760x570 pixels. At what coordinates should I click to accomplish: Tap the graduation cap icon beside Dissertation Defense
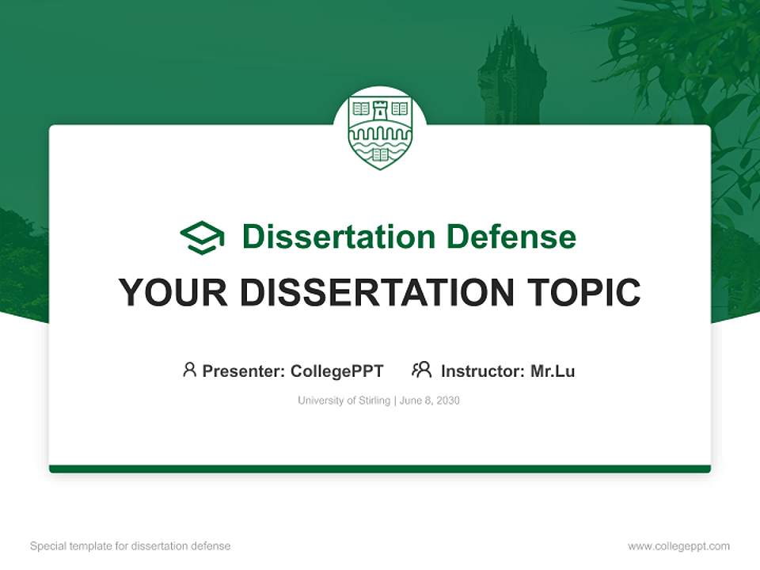(x=202, y=237)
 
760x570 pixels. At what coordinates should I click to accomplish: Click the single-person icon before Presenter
(x=189, y=370)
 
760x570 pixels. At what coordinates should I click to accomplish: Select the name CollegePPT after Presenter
(x=337, y=370)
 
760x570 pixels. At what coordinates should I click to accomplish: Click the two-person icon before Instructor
(x=421, y=370)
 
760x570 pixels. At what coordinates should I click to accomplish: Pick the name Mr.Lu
(x=553, y=370)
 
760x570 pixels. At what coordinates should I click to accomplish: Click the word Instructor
(x=481, y=370)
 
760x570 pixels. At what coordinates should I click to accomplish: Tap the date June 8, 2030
(x=430, y=401)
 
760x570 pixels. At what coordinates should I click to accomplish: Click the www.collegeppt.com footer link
(x=678, y=546)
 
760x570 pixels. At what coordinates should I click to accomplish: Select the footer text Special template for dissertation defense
(x=130, y=546)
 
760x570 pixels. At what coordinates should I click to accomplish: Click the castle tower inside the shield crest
(x=380, y=111)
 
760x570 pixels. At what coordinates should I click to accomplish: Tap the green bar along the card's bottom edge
(x=380, y=469)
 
